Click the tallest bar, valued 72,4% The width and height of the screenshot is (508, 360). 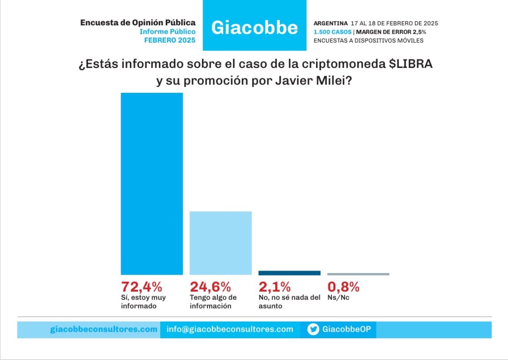tap(152, 184)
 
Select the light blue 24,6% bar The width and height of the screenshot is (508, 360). tap(221, 243)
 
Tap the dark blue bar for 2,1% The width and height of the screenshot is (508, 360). tap(289, 273)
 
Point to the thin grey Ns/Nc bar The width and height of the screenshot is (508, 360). tap(358, 274)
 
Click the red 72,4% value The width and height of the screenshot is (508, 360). tap(141, 287)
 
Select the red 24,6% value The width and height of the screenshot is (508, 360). tap(210, 287)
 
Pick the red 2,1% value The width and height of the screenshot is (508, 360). tap(275, 287)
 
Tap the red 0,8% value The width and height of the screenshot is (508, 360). tap(343, 287)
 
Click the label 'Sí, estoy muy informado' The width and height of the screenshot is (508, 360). tap(143, 301)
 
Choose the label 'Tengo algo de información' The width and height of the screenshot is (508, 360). tap(213, 301)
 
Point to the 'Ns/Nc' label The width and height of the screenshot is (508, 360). tap(338, 297)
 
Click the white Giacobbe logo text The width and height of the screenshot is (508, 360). tap(254, 28)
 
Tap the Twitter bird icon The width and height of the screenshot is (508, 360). tap(313, 330)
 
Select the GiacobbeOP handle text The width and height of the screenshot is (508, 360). tap(347, 329)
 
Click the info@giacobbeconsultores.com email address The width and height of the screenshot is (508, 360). tap(230, 329)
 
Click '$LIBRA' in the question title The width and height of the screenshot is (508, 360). tap(411, 64)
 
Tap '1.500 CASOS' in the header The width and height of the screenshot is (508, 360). tap(332, 32)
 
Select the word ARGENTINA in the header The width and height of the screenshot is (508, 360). tap(330, 23)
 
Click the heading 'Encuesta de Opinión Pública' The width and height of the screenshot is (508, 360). tap(138, 23)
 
